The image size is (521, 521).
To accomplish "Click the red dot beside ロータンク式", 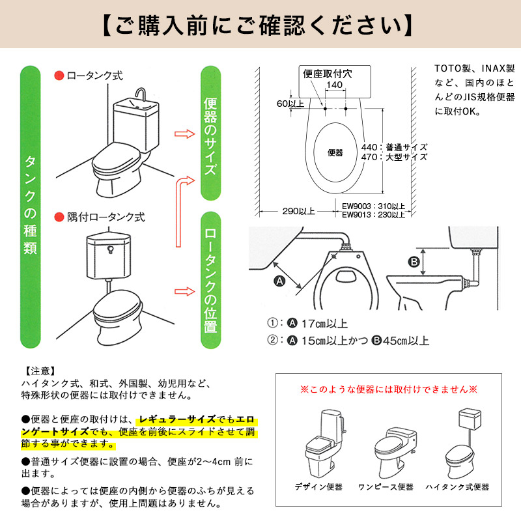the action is [59, 76].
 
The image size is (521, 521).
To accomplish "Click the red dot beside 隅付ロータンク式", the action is [59, 218].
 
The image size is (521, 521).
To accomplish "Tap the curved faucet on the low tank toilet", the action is [141, 94].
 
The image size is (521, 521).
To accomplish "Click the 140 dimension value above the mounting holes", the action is [334, 85].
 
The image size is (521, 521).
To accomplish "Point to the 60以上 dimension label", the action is [290, 104].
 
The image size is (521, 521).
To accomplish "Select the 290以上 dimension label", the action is [298, 211].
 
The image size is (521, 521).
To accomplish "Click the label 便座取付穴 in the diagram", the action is [328, 74].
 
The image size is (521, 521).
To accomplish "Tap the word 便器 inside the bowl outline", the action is [335, 152].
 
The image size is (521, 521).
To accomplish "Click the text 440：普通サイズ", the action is [394, 147].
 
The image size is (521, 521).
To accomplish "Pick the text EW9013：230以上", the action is [373, 215].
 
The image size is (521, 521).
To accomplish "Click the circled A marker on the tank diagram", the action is [279, 281].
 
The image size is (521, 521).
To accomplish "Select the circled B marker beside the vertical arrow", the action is [414, 262].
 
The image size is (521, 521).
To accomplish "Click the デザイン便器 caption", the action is [318, 486].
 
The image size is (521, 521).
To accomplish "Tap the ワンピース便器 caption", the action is [386, 486].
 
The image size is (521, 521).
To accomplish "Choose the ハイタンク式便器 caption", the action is [457, 486].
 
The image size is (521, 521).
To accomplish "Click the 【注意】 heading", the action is [40, 371].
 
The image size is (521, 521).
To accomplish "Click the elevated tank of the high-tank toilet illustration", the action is [469, 418].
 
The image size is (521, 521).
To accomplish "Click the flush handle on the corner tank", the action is [111, 249].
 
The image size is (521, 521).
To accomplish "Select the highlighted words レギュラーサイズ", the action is [177, 419].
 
